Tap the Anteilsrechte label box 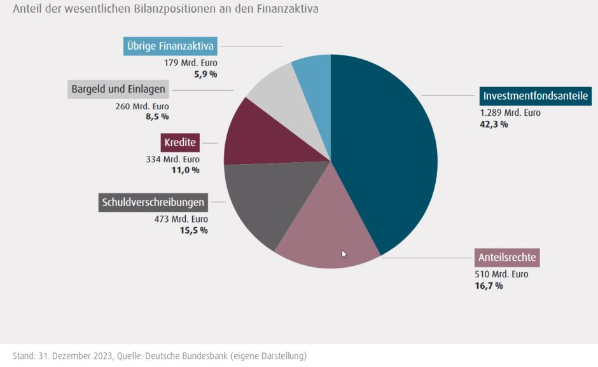coord(507,258)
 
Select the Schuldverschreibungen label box coord(153,203)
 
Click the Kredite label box coord(180,142)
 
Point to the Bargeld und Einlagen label coord(118,89)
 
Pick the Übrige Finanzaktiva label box coord(170,46)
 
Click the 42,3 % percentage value coord(494,125)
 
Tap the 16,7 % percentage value coord(489,286)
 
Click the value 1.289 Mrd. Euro coord(510,113)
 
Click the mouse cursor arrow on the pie coord(344,253)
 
